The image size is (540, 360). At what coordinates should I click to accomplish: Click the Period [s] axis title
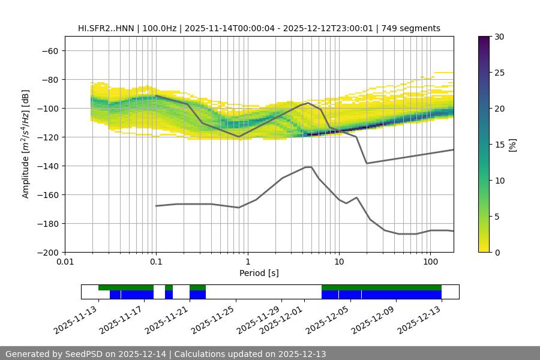259,273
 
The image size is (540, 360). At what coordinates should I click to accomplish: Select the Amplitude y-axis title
26,144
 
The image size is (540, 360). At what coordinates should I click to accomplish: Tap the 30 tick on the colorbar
499,37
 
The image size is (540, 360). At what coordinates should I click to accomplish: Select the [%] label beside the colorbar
512,145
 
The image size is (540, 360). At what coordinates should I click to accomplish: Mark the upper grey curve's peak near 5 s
308,103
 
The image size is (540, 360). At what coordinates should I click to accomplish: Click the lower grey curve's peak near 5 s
308,167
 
